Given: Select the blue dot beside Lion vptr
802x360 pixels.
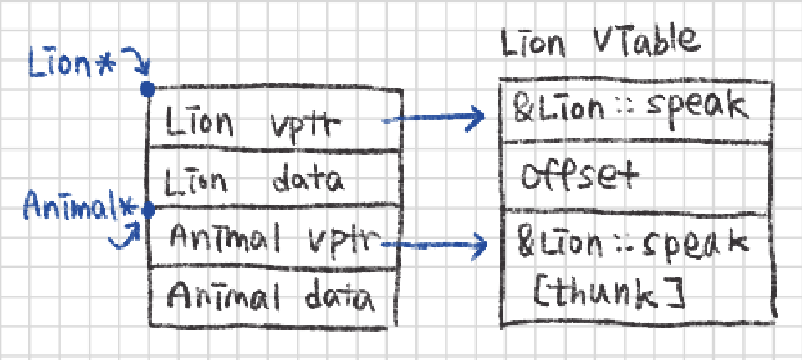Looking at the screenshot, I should (147, 89).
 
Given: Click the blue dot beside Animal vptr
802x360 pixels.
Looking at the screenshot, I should (148, 211).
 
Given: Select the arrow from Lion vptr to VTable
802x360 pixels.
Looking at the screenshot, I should (433, 118).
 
